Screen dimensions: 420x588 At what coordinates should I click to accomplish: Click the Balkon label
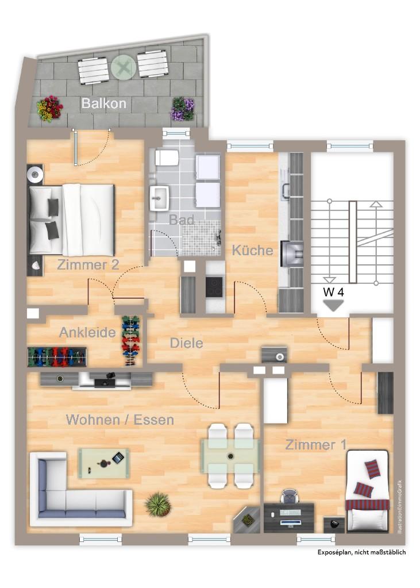tap(104, 103)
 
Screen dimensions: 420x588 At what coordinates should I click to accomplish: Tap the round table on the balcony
tap(124, 68)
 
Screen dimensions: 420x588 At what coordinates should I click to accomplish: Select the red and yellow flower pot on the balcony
tap(49, 109)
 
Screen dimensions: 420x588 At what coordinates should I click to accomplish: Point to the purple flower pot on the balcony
tap(183, 109)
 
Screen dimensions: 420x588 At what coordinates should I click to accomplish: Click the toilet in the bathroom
tap(167, 157)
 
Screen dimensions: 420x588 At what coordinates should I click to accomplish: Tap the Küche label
tap(252, 250)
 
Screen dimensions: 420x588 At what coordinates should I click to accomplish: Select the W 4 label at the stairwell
tap(333, 293)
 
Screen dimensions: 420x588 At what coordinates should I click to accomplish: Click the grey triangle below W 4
tap(333, 305)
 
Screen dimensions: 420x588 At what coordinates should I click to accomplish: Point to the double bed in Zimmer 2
tap(71, 220)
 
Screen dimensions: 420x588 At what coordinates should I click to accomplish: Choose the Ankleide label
tap(87, 332)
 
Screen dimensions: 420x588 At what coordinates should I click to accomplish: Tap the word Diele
tap(186, 343)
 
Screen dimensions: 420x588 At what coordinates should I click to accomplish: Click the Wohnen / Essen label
tap(120, 420)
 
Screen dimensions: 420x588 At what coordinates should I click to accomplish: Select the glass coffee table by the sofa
tap(104, 463)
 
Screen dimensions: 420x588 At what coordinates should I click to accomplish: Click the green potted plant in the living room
tap(157, 505)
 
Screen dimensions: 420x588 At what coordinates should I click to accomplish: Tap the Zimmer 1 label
tap(316, 445)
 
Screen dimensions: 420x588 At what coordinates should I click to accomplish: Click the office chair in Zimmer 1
tap(289, 496)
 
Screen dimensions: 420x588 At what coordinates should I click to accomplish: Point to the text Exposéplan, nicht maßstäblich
tap(361, 552)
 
